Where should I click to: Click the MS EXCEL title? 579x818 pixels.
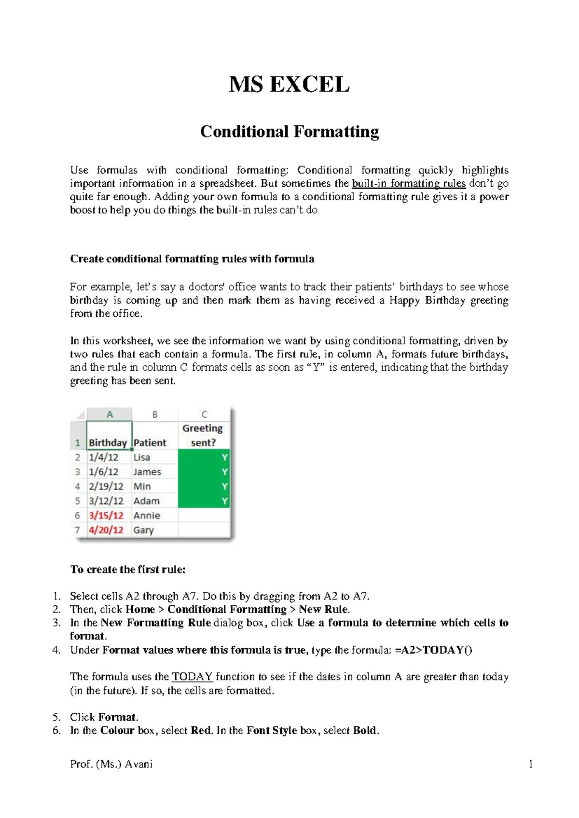point(289,85)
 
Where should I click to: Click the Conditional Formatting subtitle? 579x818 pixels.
point(289,132)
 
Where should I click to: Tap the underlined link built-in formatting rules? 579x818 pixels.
point(409,184)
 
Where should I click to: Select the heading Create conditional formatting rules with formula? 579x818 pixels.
point(192,259)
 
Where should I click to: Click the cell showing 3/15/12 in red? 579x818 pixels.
point(106,516)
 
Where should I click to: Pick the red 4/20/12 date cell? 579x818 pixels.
point(106,530)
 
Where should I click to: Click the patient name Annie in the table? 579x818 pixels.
point(147,516)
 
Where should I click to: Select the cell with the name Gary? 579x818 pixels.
point(143,530)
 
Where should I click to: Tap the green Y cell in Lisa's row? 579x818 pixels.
point(204,457)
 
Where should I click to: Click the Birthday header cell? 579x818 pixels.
point(108,442)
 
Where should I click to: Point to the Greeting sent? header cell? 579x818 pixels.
point(203,435)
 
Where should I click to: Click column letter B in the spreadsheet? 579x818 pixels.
point(155,414)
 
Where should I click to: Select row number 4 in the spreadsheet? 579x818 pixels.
point(77,486)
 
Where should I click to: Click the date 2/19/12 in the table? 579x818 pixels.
point(106,486)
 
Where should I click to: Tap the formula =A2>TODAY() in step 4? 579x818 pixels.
point(433,650)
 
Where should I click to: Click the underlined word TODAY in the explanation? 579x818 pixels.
point(193,677)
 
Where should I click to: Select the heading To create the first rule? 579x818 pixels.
point(128,570)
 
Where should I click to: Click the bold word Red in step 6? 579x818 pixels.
point(201,731)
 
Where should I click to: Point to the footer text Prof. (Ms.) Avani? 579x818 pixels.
point(111,764)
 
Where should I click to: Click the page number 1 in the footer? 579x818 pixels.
point(531,764)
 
